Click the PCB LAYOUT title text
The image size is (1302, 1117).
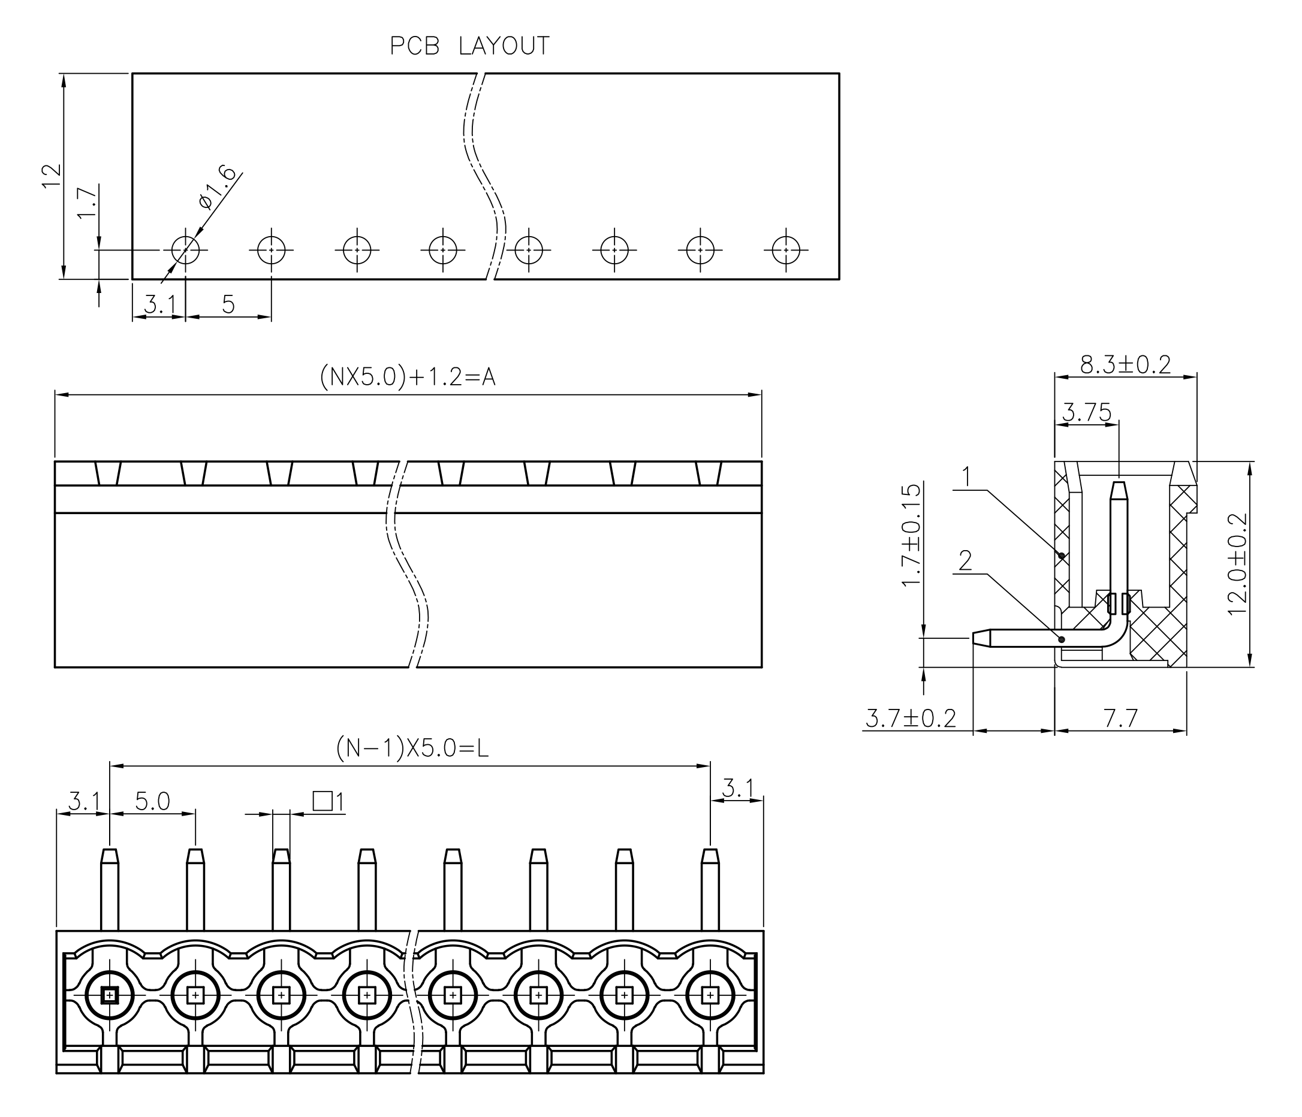tap(469, 47)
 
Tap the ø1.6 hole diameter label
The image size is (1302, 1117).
tap(217, 187)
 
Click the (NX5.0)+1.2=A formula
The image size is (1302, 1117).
tap(407, 377)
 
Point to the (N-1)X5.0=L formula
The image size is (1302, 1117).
tap(412, 748)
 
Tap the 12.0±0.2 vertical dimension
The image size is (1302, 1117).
tap(1237, 564)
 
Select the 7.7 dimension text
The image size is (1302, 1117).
tap(1120, 718)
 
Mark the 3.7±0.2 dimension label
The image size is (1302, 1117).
tap(910, 718)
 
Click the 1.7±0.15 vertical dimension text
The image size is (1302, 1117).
tap(911, 535)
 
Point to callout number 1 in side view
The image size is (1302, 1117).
tap(966, 478)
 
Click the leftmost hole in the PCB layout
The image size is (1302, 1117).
tap(185, 249)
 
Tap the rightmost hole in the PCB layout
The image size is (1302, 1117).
tap(785, 249)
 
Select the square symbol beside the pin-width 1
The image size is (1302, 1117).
tap(323, 801)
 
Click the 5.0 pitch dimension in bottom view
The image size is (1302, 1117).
tap(153, 801)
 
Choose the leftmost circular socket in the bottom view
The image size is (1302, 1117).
tap(109, 995)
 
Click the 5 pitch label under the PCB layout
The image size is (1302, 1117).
tap(228, 304)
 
